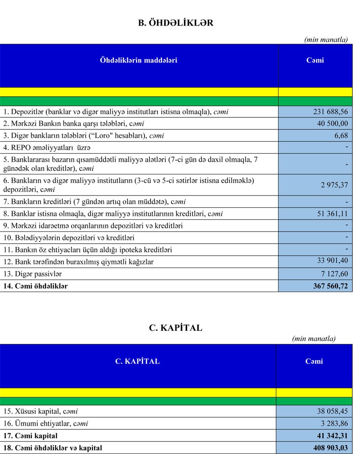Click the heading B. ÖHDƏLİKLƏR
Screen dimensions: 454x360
tap(175, 23)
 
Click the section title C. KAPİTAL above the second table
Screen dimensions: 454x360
tap(175, 328)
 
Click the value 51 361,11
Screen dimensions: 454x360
tap(330, 214)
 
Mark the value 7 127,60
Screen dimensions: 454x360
tap(333, 274)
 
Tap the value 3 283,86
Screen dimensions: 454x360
tap(333, 423)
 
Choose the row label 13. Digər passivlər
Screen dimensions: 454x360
tap(32, 274)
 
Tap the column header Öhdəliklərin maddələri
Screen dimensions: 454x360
tap(138, 60)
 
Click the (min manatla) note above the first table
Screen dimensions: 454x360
tap(326, 40)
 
